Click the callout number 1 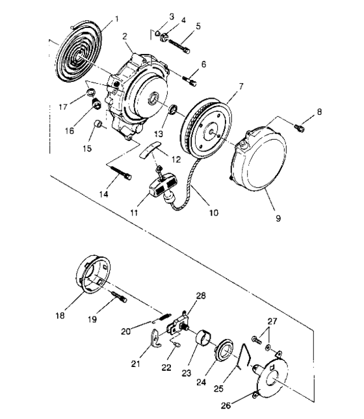tap(116, 19)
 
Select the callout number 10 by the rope tap(212, 212)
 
